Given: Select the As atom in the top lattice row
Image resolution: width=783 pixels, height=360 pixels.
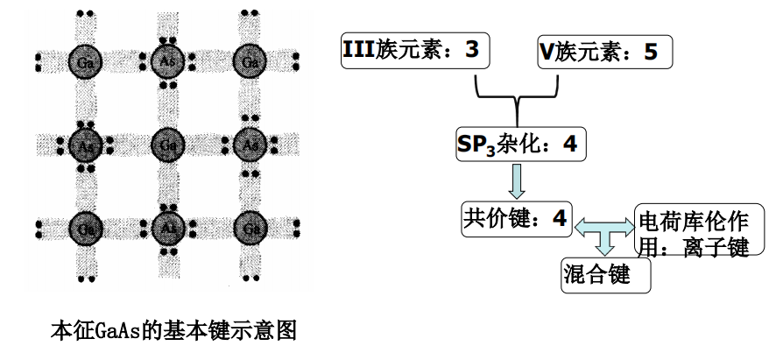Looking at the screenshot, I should coord(166,60).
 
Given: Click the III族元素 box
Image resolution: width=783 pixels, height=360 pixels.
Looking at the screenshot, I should coord(413,52).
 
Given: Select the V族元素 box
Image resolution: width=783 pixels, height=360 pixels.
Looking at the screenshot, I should coord(603,52).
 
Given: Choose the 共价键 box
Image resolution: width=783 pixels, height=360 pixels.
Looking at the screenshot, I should coord(517,216).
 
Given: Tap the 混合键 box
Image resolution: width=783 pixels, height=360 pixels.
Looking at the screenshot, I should coord(606,275).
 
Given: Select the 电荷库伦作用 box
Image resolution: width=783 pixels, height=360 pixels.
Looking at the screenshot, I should coord(692,231).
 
